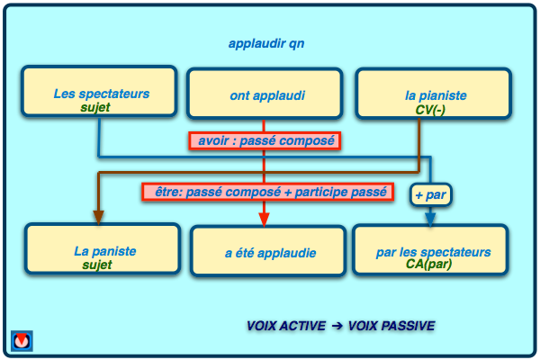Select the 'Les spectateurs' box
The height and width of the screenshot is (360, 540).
click(x=100, y=93)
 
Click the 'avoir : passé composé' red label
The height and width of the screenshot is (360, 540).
click(x=267, y=140)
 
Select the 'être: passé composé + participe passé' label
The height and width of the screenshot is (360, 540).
click(x=267, y=192)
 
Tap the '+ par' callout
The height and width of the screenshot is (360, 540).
click(x=429, y=193)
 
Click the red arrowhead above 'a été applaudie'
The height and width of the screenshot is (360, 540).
click(x=264, y=217)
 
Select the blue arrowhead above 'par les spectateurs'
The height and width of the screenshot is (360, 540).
click(x=430, y=217)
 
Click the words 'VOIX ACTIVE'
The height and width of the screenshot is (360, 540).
click(x=286, y=326)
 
